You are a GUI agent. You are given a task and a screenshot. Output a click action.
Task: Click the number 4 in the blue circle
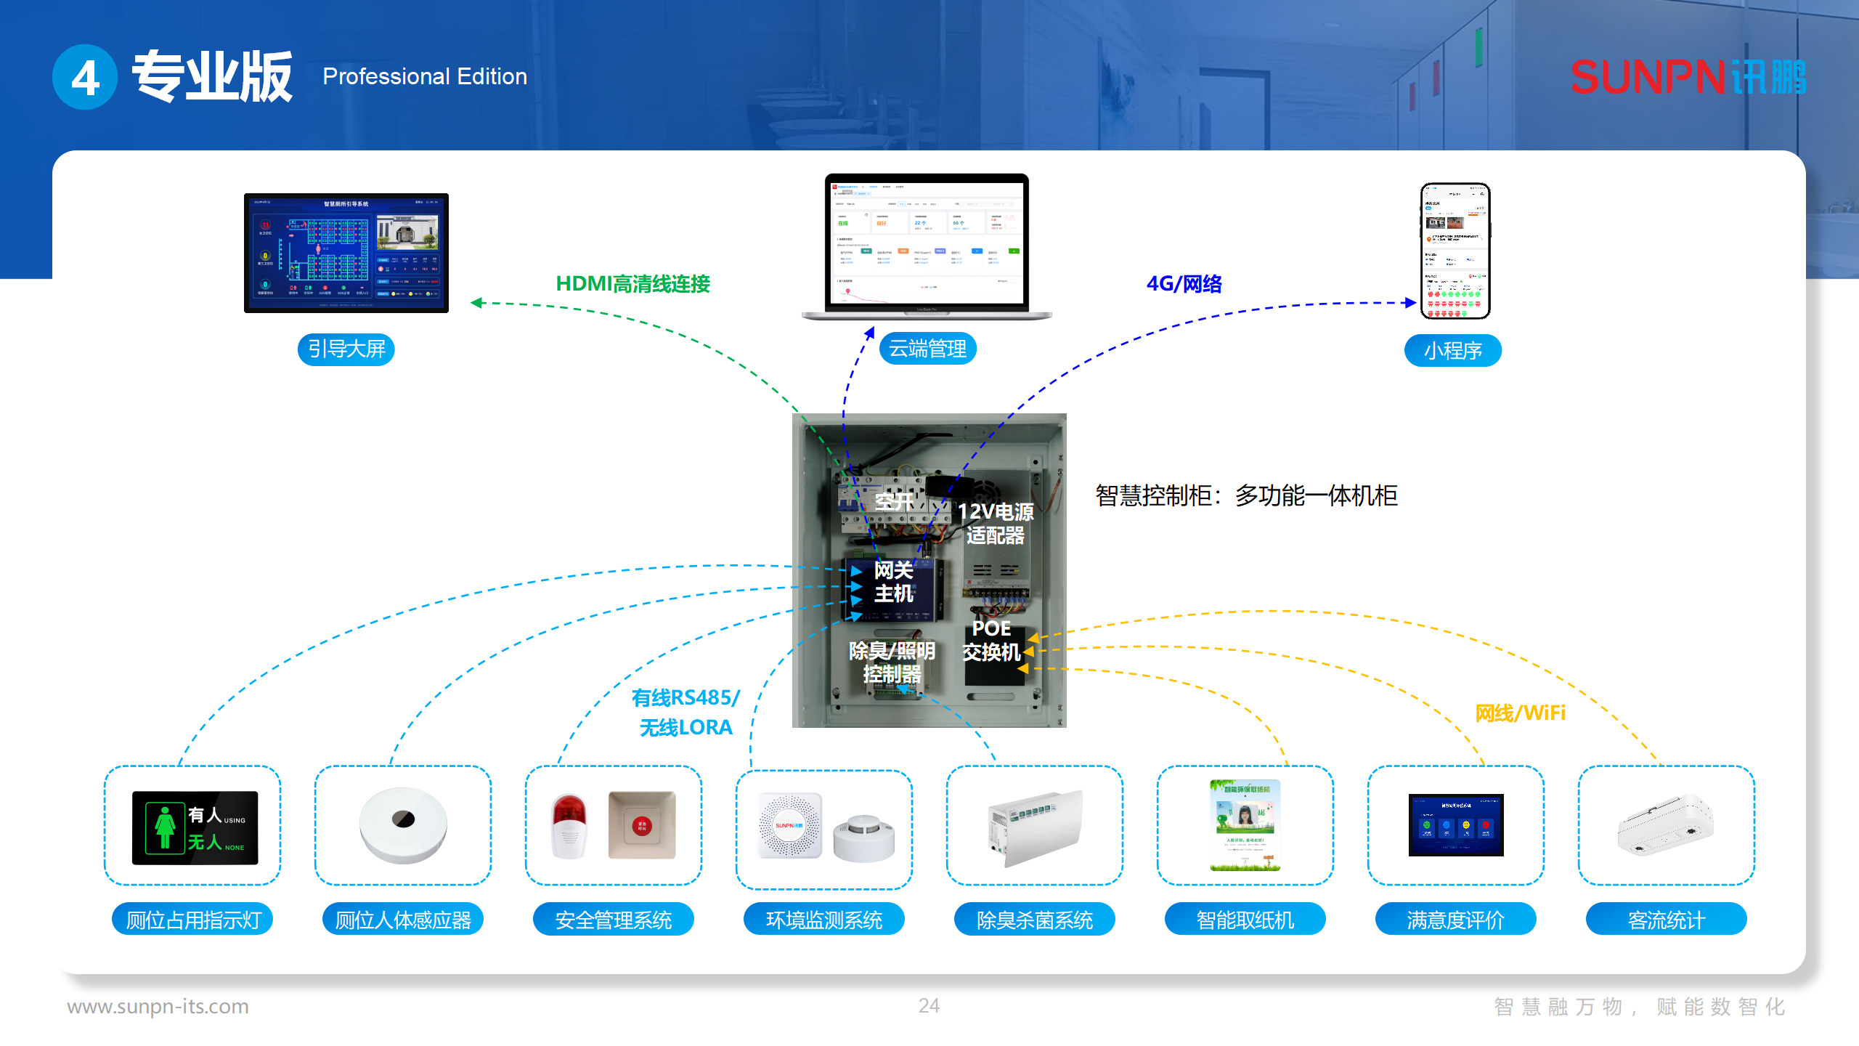point(85,78)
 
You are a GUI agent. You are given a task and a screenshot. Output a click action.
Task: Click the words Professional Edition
point(425,76)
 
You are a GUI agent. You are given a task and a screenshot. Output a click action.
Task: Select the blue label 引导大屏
point(346,349)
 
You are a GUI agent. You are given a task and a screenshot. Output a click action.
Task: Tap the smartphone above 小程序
point(1455,251)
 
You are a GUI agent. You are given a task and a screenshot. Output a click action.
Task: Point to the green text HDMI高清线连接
point(632,284)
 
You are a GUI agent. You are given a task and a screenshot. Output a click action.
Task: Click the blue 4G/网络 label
point(1184,284)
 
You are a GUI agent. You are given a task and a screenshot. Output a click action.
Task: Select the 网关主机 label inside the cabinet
point(892,582)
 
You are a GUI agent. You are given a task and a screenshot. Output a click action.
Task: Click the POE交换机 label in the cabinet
point(991,640)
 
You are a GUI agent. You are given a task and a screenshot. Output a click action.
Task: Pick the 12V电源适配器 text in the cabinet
point(995,523)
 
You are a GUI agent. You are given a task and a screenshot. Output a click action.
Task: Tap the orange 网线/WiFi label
point(1520,713)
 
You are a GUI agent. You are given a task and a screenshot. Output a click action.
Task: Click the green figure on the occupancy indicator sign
point(165,827)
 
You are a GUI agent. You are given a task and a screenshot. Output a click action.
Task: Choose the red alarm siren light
point(569,826)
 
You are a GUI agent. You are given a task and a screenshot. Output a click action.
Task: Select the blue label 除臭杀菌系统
point(1034,920)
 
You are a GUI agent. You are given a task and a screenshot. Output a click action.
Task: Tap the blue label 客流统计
point(1666,920)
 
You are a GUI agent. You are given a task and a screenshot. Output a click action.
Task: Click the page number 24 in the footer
point(929,1005)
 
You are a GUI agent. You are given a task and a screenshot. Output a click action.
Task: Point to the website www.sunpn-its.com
point(158,1006)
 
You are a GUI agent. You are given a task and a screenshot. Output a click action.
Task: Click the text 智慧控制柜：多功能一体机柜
point(1245,495)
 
